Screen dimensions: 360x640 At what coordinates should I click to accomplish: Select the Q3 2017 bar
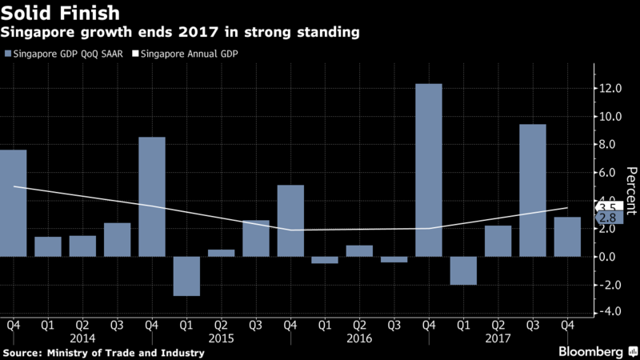pos(533,190)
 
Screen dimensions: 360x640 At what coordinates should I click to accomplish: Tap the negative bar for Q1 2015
pos(186,276)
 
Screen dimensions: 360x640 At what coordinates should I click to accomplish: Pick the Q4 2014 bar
pos(152,197)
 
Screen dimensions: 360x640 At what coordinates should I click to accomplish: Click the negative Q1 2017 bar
pos(463,270)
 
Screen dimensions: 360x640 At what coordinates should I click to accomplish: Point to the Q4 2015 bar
pos(290,221)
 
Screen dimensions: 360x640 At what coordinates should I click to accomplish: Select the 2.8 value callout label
pos(606,218)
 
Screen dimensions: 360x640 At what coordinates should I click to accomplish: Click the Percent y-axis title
pos(631,192)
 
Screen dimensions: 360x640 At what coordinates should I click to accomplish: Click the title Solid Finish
pos(62,14)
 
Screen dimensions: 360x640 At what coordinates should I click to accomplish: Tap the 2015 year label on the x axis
pos(222,338)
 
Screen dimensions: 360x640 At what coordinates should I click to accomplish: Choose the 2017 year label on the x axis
pos(498,338)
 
